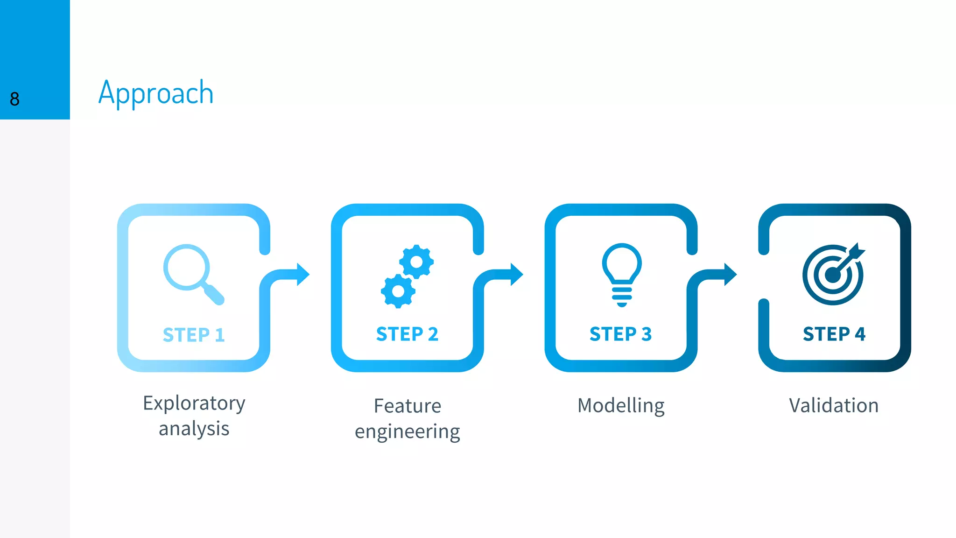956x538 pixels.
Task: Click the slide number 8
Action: (14, 99)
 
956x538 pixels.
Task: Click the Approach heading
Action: (156, 93)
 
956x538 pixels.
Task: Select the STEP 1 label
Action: (194, 335)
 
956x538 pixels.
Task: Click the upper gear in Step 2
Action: (416, 262)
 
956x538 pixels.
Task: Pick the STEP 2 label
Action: (407, 334)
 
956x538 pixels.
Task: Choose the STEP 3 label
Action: (620, 334)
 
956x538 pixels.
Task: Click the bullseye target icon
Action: (833, 275)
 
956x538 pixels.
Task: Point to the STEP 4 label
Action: (834, 334)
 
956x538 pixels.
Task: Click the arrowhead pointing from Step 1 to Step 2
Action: (302, 274)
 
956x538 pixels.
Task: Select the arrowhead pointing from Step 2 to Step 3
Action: (516, 274)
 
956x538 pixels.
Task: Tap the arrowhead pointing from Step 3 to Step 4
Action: (730, 274)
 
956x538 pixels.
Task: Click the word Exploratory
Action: (194, 403)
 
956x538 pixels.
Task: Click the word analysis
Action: (194, 428)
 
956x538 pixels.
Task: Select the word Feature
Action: (407, 405)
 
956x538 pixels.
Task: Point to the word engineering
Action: (407, 432)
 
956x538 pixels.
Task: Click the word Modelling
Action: (621, 405)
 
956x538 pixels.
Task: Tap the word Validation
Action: (834, 405)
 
